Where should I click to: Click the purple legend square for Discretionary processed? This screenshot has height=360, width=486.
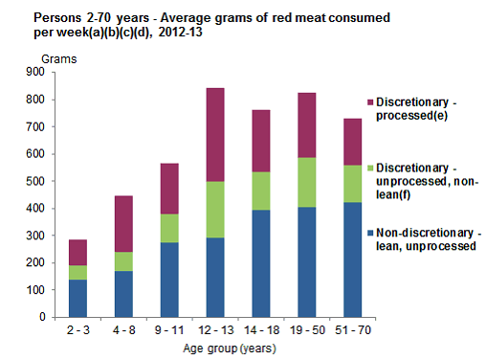coord(355,101)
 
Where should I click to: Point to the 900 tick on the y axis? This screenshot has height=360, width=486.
coord(47,72)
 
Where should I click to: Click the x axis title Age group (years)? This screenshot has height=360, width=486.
coord(233,349)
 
